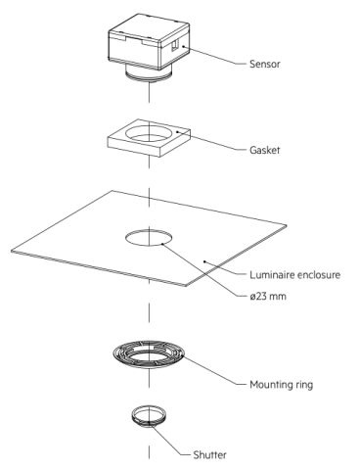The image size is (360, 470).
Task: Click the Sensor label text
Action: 265,64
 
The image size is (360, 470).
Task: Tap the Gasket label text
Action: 265,150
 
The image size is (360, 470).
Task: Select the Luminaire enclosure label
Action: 294,275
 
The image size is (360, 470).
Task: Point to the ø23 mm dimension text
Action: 268,296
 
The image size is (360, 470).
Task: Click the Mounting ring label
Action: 281,385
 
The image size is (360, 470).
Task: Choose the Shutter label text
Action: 209,454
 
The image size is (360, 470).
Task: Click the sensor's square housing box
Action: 149,41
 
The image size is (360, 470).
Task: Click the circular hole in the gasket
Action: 150,133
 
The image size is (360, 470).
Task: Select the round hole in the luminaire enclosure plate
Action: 149,237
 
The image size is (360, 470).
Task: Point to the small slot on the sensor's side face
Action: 175,45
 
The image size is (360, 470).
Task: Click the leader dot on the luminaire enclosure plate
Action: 205,261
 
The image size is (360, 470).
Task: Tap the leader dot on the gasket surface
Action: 177,132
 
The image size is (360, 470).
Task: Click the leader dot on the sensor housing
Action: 184,46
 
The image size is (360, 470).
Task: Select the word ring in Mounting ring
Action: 302,385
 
